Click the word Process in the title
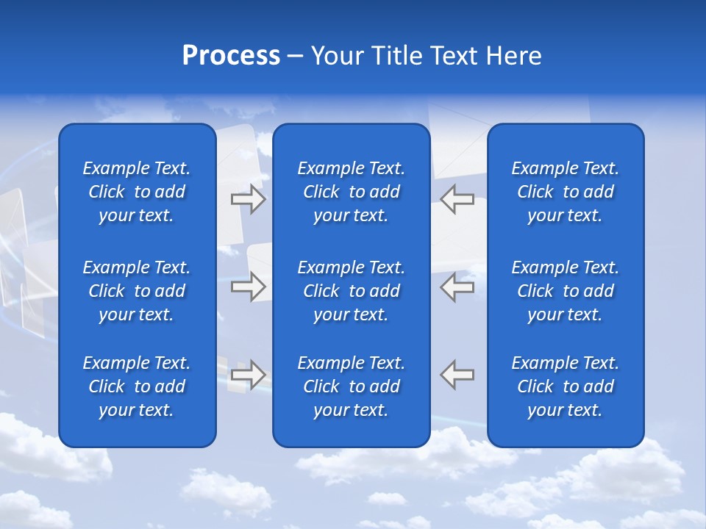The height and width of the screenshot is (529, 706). click(231, 56)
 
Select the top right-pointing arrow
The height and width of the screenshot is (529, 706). click(248, 199)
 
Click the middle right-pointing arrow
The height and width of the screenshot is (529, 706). click(248, 287)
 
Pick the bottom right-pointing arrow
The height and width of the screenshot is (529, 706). click(248, 374)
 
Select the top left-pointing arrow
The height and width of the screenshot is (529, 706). click(457, 199)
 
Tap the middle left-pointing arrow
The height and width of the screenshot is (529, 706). click(457, 287)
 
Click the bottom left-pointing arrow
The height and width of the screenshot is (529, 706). click(457, 374)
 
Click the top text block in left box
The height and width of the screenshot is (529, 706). click(137, 192)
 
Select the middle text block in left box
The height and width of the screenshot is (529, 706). click(137, 291)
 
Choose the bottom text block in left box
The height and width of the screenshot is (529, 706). click(137, 386)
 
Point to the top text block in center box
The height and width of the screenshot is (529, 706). click(352, 192)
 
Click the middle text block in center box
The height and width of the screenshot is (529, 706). click(352, 291)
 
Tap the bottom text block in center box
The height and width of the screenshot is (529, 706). click(352, 386)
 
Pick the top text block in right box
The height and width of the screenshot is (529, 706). click(566, 192)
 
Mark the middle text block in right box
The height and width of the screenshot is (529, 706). click(566, 291)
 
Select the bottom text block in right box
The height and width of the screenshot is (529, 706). click(566, 386)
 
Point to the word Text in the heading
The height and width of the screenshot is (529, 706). click(453, 56)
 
